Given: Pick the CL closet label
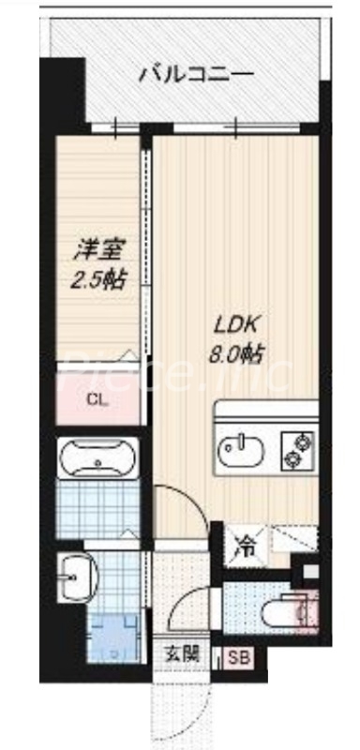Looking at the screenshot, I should [x=97, y=400].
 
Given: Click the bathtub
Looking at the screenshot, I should [x=97, y=460].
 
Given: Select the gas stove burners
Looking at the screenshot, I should [x=298, y=448].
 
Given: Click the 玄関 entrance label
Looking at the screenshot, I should [x=182, y=655].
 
